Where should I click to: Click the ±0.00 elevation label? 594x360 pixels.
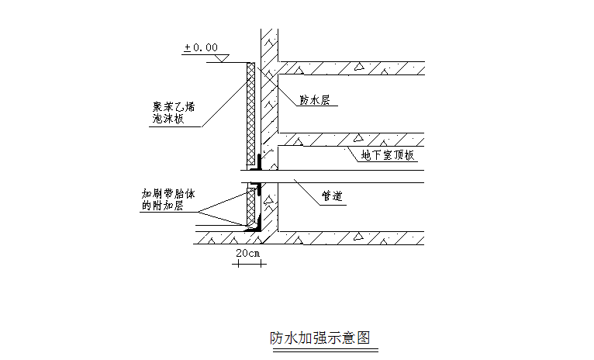coord(200,47)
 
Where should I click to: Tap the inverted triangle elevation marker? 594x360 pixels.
coord(221,58)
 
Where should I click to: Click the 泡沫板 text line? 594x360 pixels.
coord(167,119)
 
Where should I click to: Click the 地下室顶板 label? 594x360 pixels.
coord(388,155)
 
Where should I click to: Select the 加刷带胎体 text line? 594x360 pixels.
coord(170,194)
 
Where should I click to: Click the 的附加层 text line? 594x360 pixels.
coord(162,206)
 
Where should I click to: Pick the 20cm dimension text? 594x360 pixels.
coord(248,253)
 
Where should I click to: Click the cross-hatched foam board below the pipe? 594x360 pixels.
coord(251,206)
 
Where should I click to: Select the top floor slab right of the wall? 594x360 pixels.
coord(349,67)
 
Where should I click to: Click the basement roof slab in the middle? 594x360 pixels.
coord(349,140)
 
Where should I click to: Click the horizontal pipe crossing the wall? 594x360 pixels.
coord(349,176)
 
